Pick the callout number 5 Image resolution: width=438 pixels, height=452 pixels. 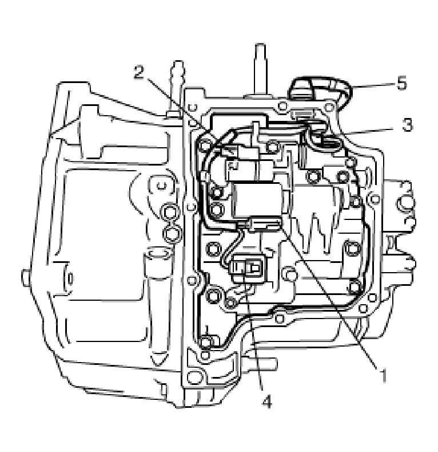(402, 84)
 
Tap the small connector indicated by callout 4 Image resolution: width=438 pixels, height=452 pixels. (248, 267)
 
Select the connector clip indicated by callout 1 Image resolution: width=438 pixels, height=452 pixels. (264, 224)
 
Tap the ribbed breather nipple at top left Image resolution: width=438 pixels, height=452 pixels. (176, 86)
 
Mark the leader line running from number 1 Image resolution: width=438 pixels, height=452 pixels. (332, 298)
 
